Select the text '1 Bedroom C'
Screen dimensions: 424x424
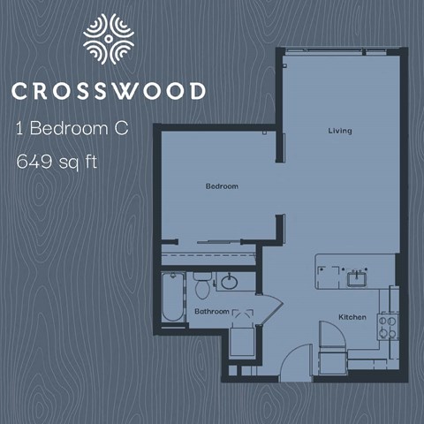(x=72, y=128)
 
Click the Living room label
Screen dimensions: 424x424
(x=339, y=131)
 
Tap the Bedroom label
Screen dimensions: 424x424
(x=222, y=186)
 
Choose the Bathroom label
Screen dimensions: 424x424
(x=212, y=311)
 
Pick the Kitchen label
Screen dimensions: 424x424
(x=352, y=316)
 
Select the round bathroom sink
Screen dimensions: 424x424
(x=229, y=283)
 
